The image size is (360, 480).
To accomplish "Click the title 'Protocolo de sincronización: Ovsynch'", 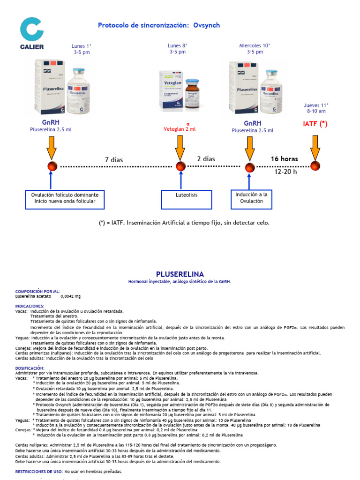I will tap(158, 25).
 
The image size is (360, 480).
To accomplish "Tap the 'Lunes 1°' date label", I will tap(82, 46).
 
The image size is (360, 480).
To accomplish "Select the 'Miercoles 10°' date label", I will tap(255, 46).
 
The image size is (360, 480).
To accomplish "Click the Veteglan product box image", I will tap(171, 91).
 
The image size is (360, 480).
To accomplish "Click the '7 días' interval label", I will tap(114, 160).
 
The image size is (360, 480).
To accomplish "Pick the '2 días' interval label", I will tap(206, 159).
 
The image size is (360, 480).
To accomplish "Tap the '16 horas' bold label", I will tap(284, 159).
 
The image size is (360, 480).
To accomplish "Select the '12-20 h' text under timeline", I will tap(285, 172).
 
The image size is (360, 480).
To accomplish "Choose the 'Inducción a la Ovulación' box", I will tap(252, 198).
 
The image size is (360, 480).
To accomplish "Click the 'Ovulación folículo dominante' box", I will tap(65, 198).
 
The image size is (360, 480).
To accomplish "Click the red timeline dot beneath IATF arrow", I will tap(315, 166).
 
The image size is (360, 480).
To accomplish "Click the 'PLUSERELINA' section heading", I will tap(180, 274).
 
